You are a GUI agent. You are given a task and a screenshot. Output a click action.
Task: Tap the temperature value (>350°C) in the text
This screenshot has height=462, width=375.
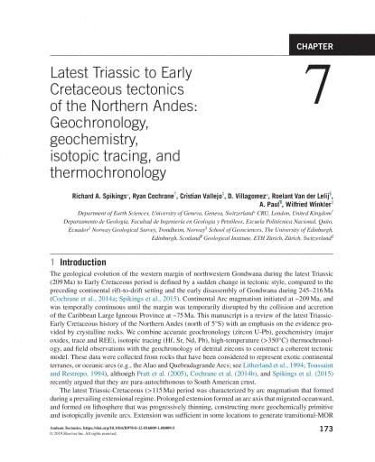[258, 329]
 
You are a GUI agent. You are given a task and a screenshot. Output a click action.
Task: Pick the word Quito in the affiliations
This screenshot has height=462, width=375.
[314, 219]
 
